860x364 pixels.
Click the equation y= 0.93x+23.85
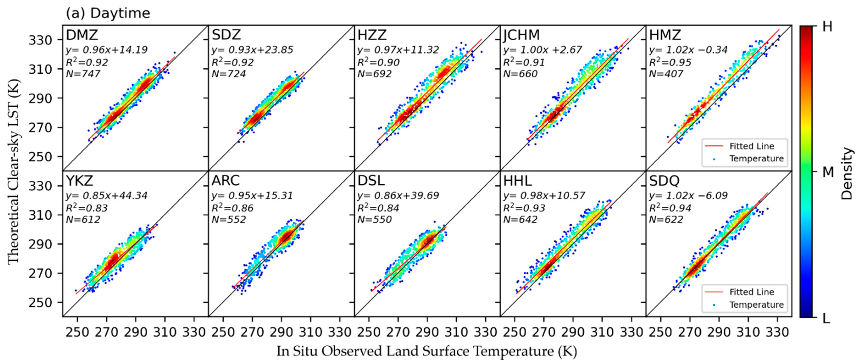(x=252, y=50)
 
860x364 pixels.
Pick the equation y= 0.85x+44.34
(x=106, y=196)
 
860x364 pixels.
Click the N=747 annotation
(x=83, y=74)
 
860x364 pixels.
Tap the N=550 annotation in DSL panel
(x=374, y=220)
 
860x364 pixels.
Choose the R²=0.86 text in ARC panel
(x=232, y=208)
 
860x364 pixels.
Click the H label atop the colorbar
(x=827, y=27)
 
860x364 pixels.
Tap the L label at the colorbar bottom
(x=826, y=319)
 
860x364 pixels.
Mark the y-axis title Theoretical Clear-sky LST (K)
(x=14, y=171)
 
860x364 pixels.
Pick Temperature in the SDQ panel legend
(x=756, y=305)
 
